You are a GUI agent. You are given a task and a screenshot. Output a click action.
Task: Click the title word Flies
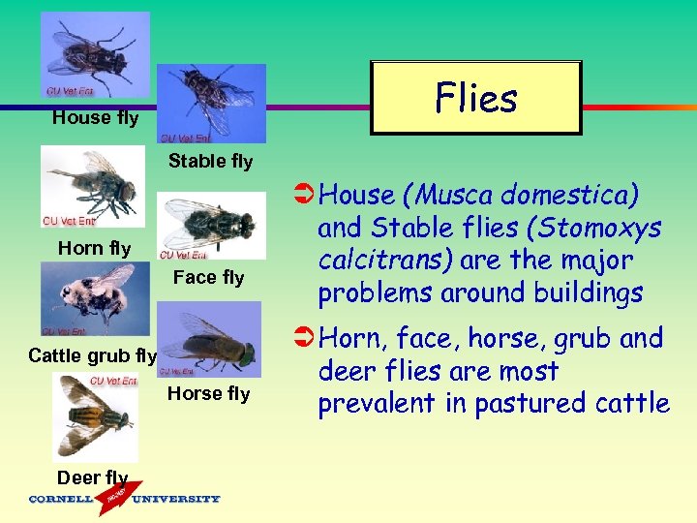click(476, 98)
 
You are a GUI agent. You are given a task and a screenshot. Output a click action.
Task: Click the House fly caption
click(95, 118)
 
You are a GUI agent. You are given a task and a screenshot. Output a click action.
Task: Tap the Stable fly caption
click(210, 161)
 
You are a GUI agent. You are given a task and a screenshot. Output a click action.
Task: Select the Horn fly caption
click(94, 248)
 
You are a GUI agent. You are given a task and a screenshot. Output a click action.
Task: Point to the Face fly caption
click(208, 278)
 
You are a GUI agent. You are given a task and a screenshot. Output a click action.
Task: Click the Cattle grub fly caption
click(92, 355)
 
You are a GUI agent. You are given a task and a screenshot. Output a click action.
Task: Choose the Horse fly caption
click(208, 393)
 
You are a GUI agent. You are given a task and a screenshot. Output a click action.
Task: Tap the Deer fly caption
click(92, 477)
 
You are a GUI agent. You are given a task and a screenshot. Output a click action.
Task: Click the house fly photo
click(94, 54)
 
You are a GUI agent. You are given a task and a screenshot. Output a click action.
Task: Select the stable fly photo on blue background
click(211, 104)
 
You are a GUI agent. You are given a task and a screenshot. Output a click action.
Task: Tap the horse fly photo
click(209, 339)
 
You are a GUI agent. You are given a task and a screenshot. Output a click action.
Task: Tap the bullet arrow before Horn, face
click(302, 339)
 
